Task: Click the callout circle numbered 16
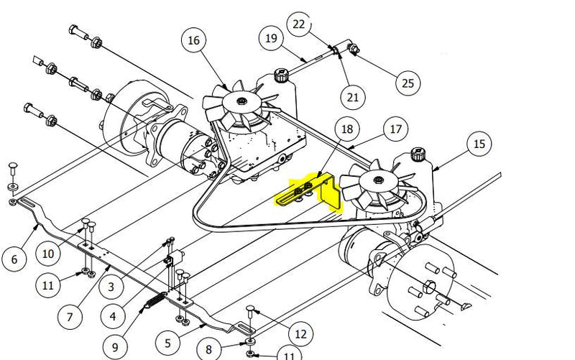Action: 193,40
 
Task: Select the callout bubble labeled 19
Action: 271,37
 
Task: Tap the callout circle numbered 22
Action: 299,24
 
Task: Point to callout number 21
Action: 352,96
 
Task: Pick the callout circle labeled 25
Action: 408,83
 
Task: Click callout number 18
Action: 347,129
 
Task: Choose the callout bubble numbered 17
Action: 395,130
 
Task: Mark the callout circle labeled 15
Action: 479,144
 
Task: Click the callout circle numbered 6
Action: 14,259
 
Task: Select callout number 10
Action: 47,253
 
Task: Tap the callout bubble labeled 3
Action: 111,287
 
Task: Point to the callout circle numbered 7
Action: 70,317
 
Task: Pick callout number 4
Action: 112,315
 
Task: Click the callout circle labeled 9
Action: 114,346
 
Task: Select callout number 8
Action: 208,350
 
